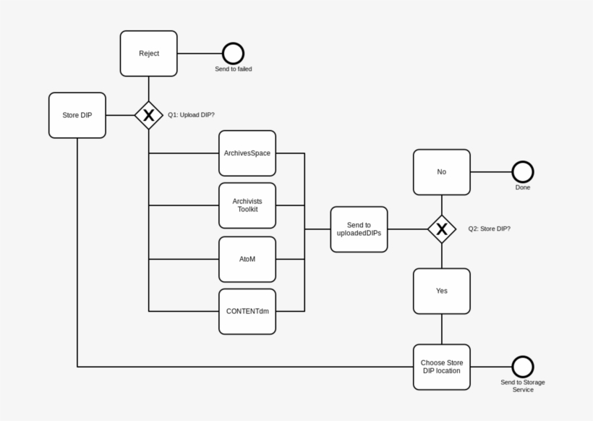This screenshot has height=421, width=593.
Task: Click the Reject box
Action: [149, 54]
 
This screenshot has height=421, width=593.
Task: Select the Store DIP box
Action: [77, 115]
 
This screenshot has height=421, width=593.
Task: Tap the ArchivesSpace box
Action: [247, 153]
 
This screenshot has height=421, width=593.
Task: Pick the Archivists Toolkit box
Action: [247, 205]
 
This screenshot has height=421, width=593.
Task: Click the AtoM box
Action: [247, 259]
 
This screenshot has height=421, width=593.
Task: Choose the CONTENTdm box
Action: [247, 311]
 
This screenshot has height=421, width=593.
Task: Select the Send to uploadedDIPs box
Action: [359, 229]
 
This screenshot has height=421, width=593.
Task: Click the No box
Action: [442, 172]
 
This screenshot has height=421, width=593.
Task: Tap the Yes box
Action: [442, 291]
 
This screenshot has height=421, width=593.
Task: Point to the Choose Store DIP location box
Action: [442, 367]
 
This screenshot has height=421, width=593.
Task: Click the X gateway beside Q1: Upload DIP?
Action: [149, 115]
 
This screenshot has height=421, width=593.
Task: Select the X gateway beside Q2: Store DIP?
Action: [442, 229]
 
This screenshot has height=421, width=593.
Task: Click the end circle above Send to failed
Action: [233, 54]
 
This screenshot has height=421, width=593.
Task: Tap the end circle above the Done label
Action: [523, 172]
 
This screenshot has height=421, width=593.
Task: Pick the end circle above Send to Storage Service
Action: [523, 367]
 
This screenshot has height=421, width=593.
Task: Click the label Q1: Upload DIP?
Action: [191, 115]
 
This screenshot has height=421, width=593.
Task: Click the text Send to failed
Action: [233, 69]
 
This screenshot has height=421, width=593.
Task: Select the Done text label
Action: [523, 187]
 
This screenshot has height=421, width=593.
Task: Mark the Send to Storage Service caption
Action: [523, 386]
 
